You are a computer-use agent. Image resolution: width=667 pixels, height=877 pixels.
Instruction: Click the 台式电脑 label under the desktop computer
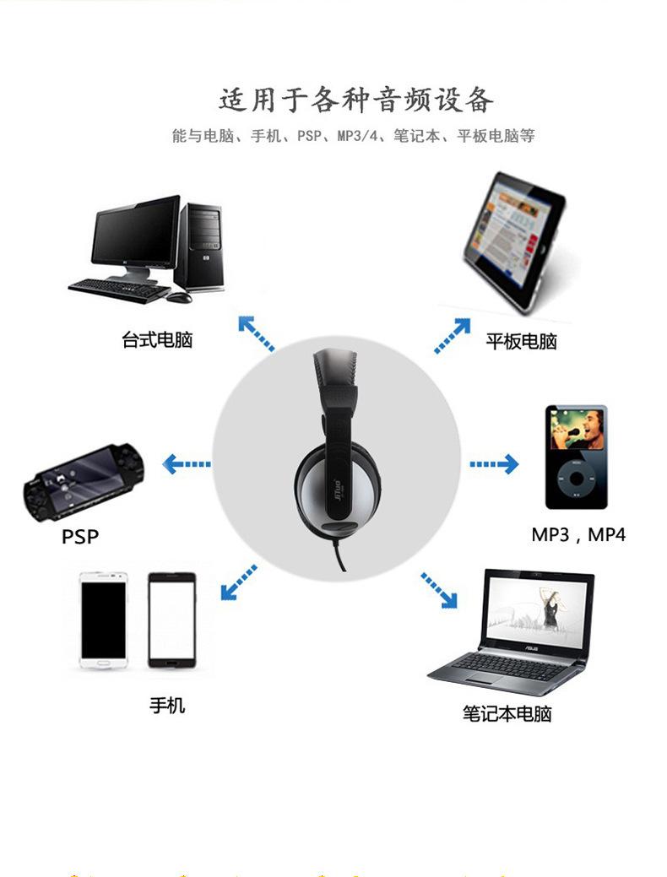(x=157, y=339)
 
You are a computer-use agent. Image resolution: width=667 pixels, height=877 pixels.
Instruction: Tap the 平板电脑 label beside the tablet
(x=521, y=341)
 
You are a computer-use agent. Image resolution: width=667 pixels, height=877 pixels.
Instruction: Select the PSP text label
(x=80, y=536)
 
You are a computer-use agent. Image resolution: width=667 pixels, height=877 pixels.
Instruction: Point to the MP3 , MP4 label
(x=578, y=534)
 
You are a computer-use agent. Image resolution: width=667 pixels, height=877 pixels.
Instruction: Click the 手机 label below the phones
(x=167, y=706)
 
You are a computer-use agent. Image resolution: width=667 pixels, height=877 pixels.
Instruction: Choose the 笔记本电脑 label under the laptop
(x=507, y=714)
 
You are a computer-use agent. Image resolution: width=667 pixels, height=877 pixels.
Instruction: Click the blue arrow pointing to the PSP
(x=187, y=463)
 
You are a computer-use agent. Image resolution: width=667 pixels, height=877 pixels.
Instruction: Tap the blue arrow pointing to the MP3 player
(x=494, y=464)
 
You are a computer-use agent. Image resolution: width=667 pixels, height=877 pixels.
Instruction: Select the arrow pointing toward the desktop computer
(x=257, y=333)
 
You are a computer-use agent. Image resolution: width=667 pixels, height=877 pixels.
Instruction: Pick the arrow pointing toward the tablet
(x=453, y=336)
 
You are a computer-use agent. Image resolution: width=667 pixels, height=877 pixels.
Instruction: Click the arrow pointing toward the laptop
(x=439, y=590)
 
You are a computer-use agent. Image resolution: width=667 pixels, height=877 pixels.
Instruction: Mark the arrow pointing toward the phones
(x=239, y=582)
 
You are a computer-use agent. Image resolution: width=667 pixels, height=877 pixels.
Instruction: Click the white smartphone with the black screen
(x=104, y=620)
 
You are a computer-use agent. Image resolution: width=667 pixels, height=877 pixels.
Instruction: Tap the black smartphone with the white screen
(x=171, y=620)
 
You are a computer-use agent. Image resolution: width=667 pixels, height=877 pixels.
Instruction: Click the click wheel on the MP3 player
(x=577, y=479)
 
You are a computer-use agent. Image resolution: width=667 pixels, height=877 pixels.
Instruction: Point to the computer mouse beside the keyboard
(x=179, y=297)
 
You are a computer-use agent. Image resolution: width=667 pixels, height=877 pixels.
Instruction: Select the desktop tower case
(x=200, y=247)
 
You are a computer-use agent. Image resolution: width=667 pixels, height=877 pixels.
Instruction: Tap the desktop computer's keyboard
(x=119, y=290)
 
